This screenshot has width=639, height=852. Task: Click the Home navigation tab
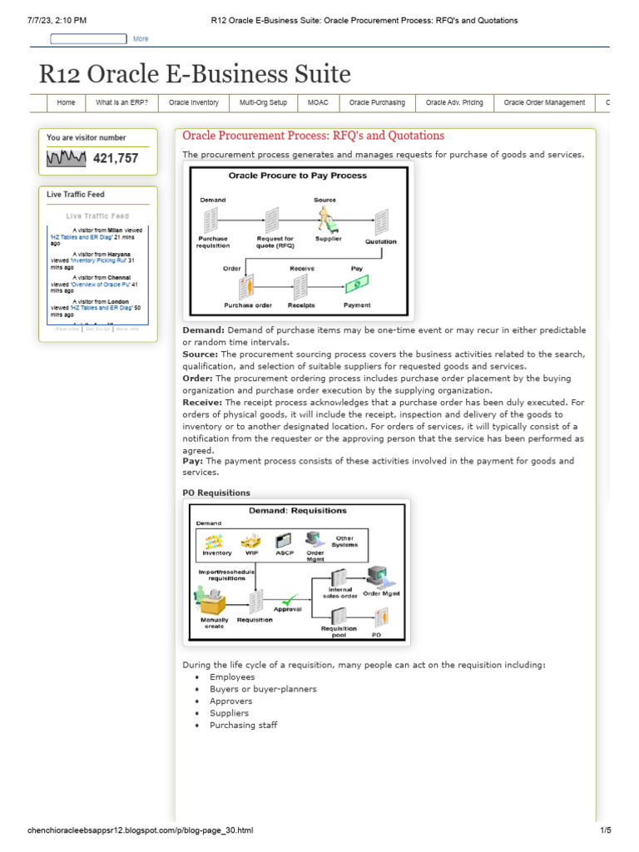pos(66,103)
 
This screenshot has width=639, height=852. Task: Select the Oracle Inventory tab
pos(193,103)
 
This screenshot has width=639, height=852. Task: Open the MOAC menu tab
pos(318,103)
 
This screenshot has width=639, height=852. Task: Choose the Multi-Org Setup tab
pos(263,103)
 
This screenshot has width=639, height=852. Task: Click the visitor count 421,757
pos(116,158)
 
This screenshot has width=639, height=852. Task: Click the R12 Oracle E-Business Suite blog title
pos(195,74)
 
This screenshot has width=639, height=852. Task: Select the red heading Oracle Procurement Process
pos(313,136)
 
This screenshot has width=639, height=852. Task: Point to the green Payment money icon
pos(357,285)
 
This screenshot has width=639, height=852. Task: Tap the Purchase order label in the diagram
pos(248,305)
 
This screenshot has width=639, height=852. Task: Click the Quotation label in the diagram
pos(381,242)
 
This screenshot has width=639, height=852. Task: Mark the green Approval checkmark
pos(290,598)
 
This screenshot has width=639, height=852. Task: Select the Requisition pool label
pos(339,632)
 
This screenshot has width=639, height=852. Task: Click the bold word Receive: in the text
pos(202,402)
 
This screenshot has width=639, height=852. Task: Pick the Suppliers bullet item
pos(230,713)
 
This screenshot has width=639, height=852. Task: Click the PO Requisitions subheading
pos(216,493)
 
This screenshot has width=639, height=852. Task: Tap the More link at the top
pos(141,39)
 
